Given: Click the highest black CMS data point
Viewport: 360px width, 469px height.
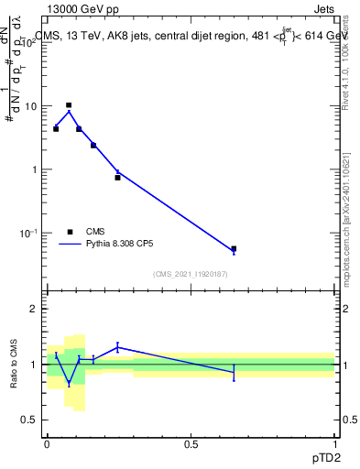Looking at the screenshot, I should [69, 105].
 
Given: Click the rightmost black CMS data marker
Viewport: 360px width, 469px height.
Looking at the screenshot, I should [234, 248].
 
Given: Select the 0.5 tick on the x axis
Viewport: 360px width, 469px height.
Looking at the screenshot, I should [191, 443].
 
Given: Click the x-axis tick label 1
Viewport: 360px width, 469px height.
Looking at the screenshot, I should [334, 443].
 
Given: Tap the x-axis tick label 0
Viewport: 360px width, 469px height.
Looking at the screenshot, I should [47, 443].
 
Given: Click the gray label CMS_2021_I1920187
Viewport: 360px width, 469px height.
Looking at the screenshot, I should [191, 274].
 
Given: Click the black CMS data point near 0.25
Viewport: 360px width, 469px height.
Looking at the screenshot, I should [117, 178].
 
